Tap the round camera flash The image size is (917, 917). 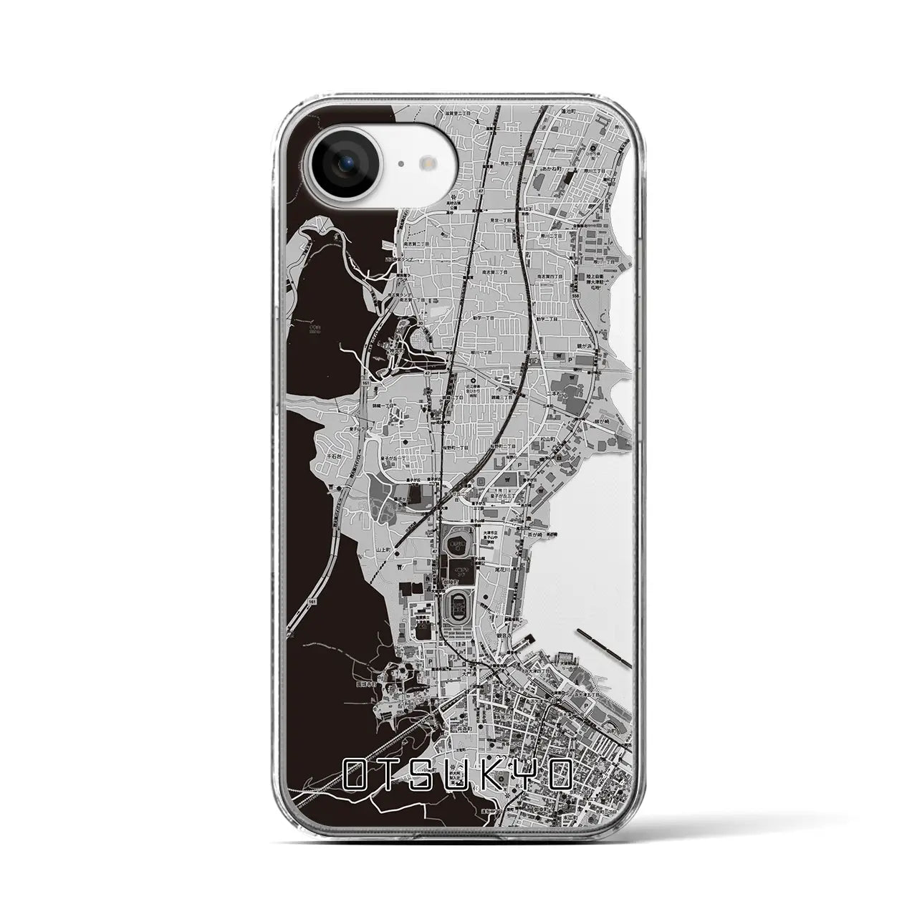pyautogui.click(x=428, y=163)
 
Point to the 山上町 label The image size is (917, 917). pyautogui.click(x=385, y=547)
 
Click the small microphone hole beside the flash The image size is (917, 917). pyautogui.click(x=400, y=164)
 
